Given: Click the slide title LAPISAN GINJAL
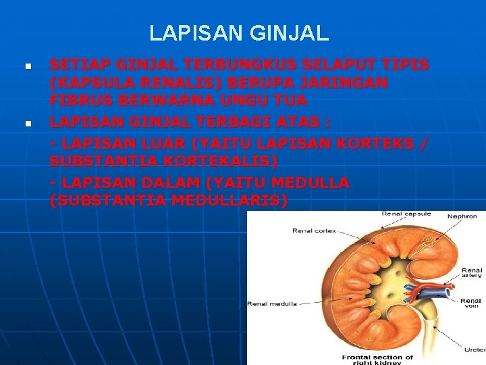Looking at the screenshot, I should [x=239, y=32].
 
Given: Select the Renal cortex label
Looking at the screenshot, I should [x=314, y=230].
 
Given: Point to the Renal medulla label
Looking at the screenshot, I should [x=272, y=303].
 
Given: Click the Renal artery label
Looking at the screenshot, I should [x=471, y=272].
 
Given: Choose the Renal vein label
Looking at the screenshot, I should [x=471, y=302].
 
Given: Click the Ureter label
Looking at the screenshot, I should [x=474, y=350].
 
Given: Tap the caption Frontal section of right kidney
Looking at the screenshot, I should [x=377, y=359].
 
